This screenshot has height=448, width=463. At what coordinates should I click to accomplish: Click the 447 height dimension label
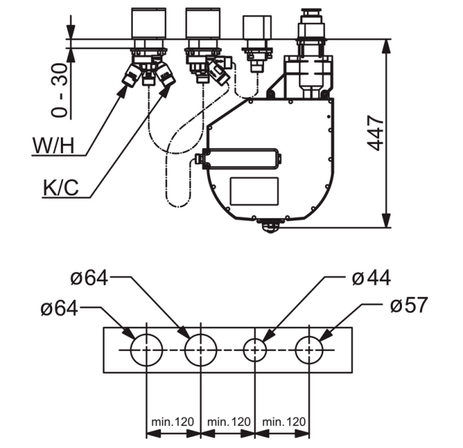pos(376,133)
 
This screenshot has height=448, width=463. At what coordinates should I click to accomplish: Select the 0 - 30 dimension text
pos(59,90)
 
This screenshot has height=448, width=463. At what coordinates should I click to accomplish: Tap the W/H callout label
pos(53,145)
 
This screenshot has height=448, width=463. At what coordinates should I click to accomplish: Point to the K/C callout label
pos(61,187)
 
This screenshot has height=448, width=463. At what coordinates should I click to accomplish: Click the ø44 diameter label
pos(371,278)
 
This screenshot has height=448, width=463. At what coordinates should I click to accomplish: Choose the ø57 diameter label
pos(409,305)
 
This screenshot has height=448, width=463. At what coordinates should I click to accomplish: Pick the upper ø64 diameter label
pos(89,278)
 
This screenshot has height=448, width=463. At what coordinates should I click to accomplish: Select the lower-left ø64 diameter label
pos(60,308)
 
